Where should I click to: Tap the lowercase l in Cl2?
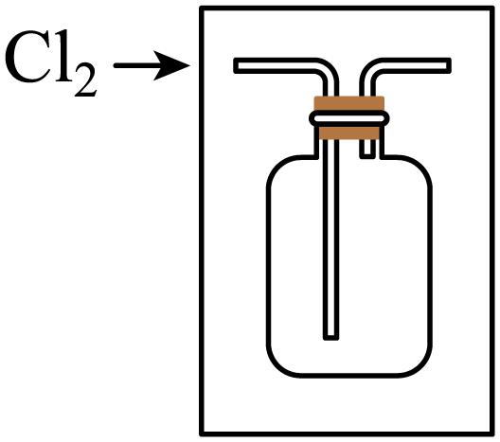click(x=62, y=55)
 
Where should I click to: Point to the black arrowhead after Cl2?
click(x=171, y=65)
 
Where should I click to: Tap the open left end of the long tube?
click(x=236, y=65)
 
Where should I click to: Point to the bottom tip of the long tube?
click(x=331, y=338)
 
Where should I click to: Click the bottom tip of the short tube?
click(x=367, y=156)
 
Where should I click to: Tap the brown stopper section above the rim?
click(x=349, y=103)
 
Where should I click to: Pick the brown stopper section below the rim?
click(x=349, y=133)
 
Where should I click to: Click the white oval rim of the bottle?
click(x=349, y=118)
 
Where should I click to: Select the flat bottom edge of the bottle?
click(x=349, y=375)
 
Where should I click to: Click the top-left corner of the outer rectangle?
click(x=202, y=8)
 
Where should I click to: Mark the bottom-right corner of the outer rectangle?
click(x=492, y=434)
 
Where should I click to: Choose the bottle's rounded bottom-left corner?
click(x=277, y=366)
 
